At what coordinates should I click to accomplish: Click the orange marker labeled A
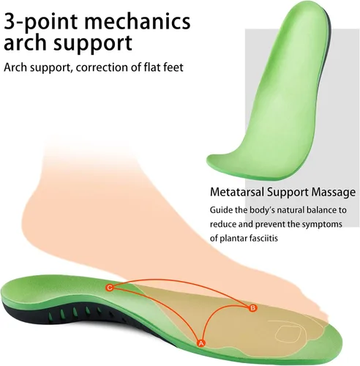click(x=200, y=343)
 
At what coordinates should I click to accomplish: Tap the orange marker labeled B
click(x=252, y=308)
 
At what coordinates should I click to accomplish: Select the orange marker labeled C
click(x=110, y=288)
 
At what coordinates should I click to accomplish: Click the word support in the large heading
click(x=93, y=44)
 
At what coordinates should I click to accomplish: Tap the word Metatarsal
click(x=237, y=192)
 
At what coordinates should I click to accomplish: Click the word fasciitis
click(x=264, y=238)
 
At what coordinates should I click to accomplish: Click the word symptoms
click(x=322, y=225)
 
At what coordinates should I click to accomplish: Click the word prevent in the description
click(x=270, y=224)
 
